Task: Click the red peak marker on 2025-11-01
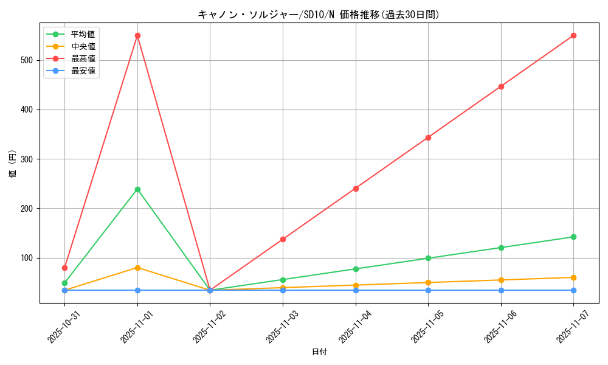tap(137, 35)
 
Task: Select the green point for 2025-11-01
tap(137, 189)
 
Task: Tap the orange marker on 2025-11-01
tap(137, 268)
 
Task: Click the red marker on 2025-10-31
tap(64, 268)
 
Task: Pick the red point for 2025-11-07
tap(573, 35)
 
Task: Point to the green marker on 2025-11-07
tap(573, 237)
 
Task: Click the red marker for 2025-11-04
tap(356, 189)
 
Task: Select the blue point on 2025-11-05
tap(428, 290)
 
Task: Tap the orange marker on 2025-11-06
tap(501, 280)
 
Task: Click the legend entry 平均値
tap(83, 34)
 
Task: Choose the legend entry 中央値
tap(83, 46)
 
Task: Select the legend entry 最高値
tap(83, 58)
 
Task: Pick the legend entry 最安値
tap(83, 71)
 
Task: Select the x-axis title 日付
tap(319, 352)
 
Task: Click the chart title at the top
tap(319, 15)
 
